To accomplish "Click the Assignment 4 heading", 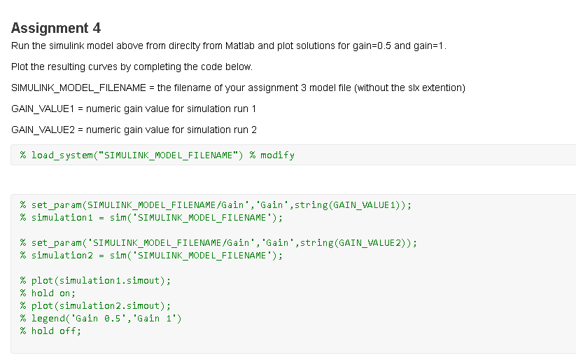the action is pos(56,28).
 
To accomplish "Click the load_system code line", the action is pos(133,155).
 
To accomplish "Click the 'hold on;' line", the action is pos(48,293).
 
